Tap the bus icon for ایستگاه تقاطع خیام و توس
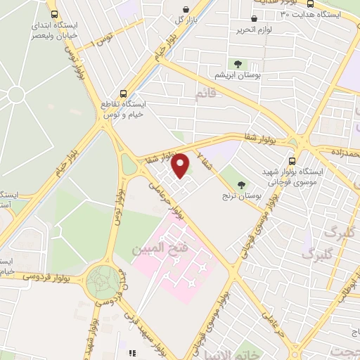(124, 93)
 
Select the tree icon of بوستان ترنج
(243, 185)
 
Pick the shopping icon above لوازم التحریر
(254, 19)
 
